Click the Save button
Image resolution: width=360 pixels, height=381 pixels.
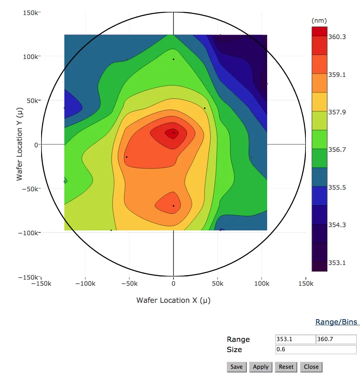coord(236,367)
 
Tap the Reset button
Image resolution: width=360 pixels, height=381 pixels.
coord(286,367)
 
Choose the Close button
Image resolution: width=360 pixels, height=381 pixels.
coord(311,367)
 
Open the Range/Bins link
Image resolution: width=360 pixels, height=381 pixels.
coord(336,322)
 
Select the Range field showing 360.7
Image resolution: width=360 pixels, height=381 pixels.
coord(336,339)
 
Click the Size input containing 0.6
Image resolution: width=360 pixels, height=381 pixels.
coord(316,349)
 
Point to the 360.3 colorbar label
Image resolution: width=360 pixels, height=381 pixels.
coord(337,37)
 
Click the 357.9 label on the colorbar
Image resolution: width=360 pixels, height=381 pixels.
coord(337,112)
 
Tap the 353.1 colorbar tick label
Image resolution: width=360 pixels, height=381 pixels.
coord(337,263)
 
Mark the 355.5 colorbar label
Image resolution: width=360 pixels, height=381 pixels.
coord(337,187)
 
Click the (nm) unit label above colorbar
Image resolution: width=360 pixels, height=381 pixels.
coord(319,21)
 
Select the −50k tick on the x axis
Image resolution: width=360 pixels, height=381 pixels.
coord(129,283)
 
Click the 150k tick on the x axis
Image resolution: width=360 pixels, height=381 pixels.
coord(305,283)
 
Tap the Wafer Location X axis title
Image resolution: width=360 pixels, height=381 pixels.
coord(173,300)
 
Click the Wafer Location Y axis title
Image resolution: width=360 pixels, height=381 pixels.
coord(20,145)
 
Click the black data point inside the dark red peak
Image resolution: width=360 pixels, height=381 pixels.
coord(173,132)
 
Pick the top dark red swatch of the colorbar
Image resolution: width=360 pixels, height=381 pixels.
coord(319,31)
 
